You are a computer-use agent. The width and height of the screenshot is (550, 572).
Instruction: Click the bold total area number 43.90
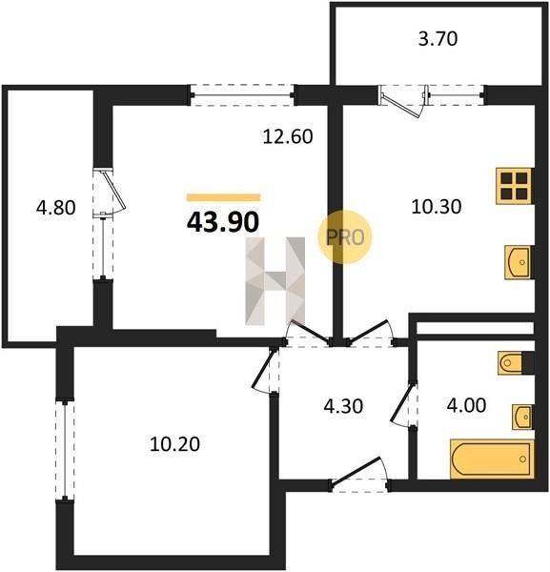tap(223, 222)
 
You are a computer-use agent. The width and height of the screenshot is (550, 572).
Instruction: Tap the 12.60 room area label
tap(288, 136)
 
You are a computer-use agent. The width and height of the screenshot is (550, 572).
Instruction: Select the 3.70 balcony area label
tap(438, 39)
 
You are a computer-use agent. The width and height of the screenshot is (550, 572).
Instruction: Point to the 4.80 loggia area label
tap(56, 208)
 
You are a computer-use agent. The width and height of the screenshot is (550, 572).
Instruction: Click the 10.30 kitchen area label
tap(437, 207)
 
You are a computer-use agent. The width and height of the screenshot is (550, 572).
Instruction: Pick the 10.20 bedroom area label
tap(174, 444)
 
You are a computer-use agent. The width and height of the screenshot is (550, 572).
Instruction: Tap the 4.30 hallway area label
tap(343, 406)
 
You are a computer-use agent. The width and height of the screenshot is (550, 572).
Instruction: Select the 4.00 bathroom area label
tap(466, 405)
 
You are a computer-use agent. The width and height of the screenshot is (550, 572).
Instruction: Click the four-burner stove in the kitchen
tap(515, 186)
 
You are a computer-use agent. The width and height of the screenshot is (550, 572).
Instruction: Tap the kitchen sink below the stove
tap(519, 263)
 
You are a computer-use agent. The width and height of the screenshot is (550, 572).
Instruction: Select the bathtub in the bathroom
tap(492, 459)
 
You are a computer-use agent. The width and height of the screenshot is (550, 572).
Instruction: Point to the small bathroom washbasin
tap(522, 417)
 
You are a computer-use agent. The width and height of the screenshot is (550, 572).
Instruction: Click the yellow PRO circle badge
tap(345, 237)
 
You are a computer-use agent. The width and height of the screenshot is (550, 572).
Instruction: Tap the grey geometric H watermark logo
tap(275, 281)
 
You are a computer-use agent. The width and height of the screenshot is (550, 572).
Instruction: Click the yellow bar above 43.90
tap(223, 197)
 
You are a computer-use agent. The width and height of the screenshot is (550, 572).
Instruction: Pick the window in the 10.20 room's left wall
tap(65, 451)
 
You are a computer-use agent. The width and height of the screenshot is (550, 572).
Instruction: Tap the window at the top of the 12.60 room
tap(241, 95)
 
